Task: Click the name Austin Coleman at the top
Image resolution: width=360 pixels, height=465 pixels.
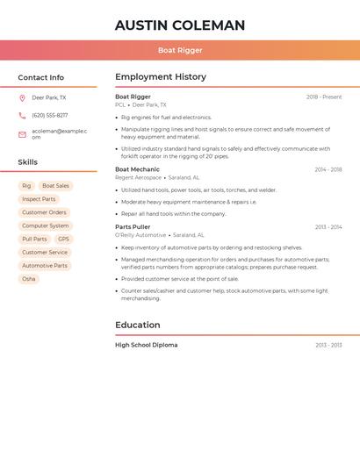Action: click(180, 25)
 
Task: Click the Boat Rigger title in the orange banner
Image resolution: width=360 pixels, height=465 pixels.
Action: click(180, 51)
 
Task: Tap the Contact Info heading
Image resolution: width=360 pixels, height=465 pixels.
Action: click(41, 77)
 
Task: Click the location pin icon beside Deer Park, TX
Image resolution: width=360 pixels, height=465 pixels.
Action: click(22, 98)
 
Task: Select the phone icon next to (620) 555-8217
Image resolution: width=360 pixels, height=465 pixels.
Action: click(22, 116)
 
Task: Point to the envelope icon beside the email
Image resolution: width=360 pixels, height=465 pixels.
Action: click(22, 134)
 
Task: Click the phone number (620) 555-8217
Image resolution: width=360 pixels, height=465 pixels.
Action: click(49, 116)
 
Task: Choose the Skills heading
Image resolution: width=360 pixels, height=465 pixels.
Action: click(28, 162)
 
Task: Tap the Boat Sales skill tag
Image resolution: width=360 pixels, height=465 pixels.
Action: click(55, 186)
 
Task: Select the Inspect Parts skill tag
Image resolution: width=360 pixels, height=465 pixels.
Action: click(39, 199)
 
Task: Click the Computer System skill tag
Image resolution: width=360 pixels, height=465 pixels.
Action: click(45, 225)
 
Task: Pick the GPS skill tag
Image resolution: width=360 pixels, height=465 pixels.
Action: click(63, 239)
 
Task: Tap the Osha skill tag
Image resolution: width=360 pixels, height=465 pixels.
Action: click(29, 279)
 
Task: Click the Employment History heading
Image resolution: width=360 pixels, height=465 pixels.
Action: click(161, 77)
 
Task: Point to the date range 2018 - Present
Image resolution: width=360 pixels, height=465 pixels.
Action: click(324, 97)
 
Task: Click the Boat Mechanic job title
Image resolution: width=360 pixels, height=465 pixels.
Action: click(137, 169)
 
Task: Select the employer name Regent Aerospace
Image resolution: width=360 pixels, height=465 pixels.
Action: click(138, 177)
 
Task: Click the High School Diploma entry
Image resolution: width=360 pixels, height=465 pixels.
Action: click(146, 345)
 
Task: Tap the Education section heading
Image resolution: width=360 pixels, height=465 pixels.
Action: click(138, 325)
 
